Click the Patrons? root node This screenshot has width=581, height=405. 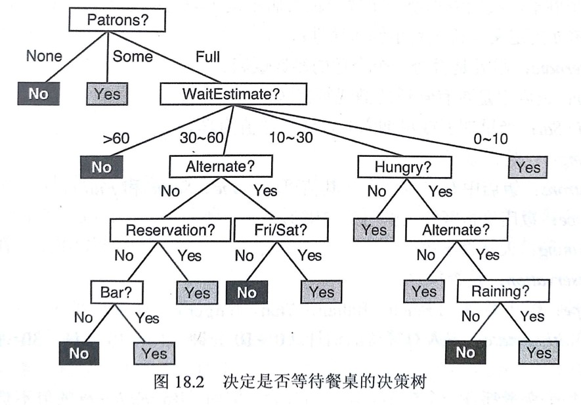(118, 20)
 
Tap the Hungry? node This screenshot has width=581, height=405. (404, 167)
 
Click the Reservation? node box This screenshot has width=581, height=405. (170, 230)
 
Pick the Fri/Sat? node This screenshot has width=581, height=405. (280, 230)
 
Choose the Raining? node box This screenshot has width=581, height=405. (500, 291)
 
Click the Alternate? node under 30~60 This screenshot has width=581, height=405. (220, 167)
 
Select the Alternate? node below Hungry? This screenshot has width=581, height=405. (456, 230)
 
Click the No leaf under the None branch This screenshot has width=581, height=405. (38, 94)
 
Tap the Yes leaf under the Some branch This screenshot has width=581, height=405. (107, 94)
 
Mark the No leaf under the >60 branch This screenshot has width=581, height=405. (101, 167)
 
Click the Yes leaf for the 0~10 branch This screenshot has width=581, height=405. (528, 167)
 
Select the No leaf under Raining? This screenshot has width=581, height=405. (465, 352)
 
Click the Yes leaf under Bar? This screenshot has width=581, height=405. (154, 354)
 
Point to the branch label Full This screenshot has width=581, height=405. (207, 56)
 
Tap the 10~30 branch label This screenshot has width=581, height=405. (290, 137)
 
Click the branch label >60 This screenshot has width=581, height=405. (116, 137)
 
